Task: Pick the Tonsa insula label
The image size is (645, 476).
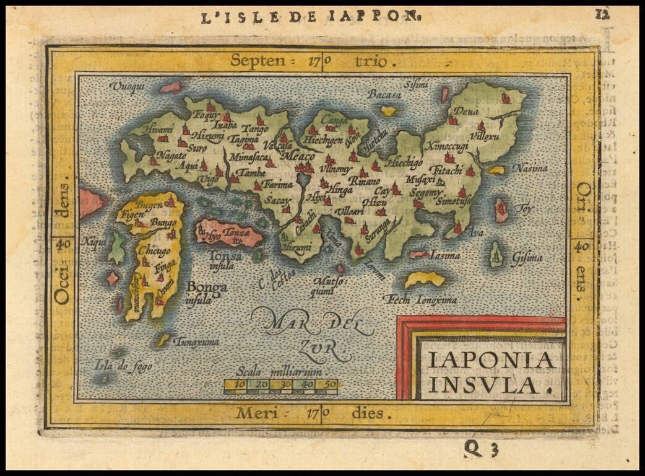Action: coord(226,260)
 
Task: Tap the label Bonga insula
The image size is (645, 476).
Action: coord(207,291)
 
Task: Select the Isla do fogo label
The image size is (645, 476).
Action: coord(123,366)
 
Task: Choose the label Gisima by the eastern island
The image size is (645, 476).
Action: coord(526,257)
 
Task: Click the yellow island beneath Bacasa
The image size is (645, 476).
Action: coord(388,111)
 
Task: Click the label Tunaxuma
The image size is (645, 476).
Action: coord(196,341)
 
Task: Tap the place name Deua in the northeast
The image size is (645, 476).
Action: coord(467,112)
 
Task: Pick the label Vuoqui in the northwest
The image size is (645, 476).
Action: coord(126,87)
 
